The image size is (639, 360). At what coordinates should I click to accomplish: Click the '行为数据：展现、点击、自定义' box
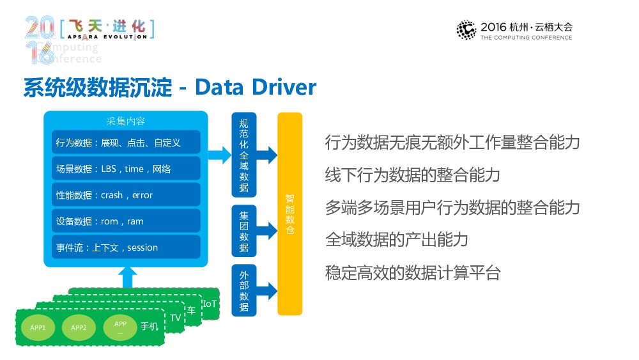[x=126, y=143]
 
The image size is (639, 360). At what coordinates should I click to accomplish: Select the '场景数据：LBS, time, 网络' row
[x=126, y=169]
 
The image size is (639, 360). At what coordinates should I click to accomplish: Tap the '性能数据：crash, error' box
[x=126, y=195]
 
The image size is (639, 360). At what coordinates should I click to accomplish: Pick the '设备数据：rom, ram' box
[x=126, y=221]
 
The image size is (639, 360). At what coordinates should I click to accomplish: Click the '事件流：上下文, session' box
[x=126, y=247]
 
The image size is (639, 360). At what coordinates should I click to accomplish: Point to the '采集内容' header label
[x=126, y=121]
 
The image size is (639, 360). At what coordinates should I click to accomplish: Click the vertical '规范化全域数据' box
[x=243, y=155]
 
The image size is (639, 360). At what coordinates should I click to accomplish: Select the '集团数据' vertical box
[x=243, y=230]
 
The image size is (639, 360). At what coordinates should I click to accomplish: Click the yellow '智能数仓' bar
[x=289, y=214]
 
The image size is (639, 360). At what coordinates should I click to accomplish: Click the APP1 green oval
[x=38, y=328]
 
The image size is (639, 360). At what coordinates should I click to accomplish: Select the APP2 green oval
[x=79, y=328]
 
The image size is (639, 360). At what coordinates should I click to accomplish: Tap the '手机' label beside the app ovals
[x=149, y=327]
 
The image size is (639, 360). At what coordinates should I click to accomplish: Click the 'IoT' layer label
[x=210, y=303]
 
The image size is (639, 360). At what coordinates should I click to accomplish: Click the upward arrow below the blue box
[x=128, y=279]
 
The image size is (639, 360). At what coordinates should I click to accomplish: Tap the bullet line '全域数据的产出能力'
[x=397, y=240]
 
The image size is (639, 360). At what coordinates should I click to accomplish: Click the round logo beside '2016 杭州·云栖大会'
[x=466, y=30]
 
